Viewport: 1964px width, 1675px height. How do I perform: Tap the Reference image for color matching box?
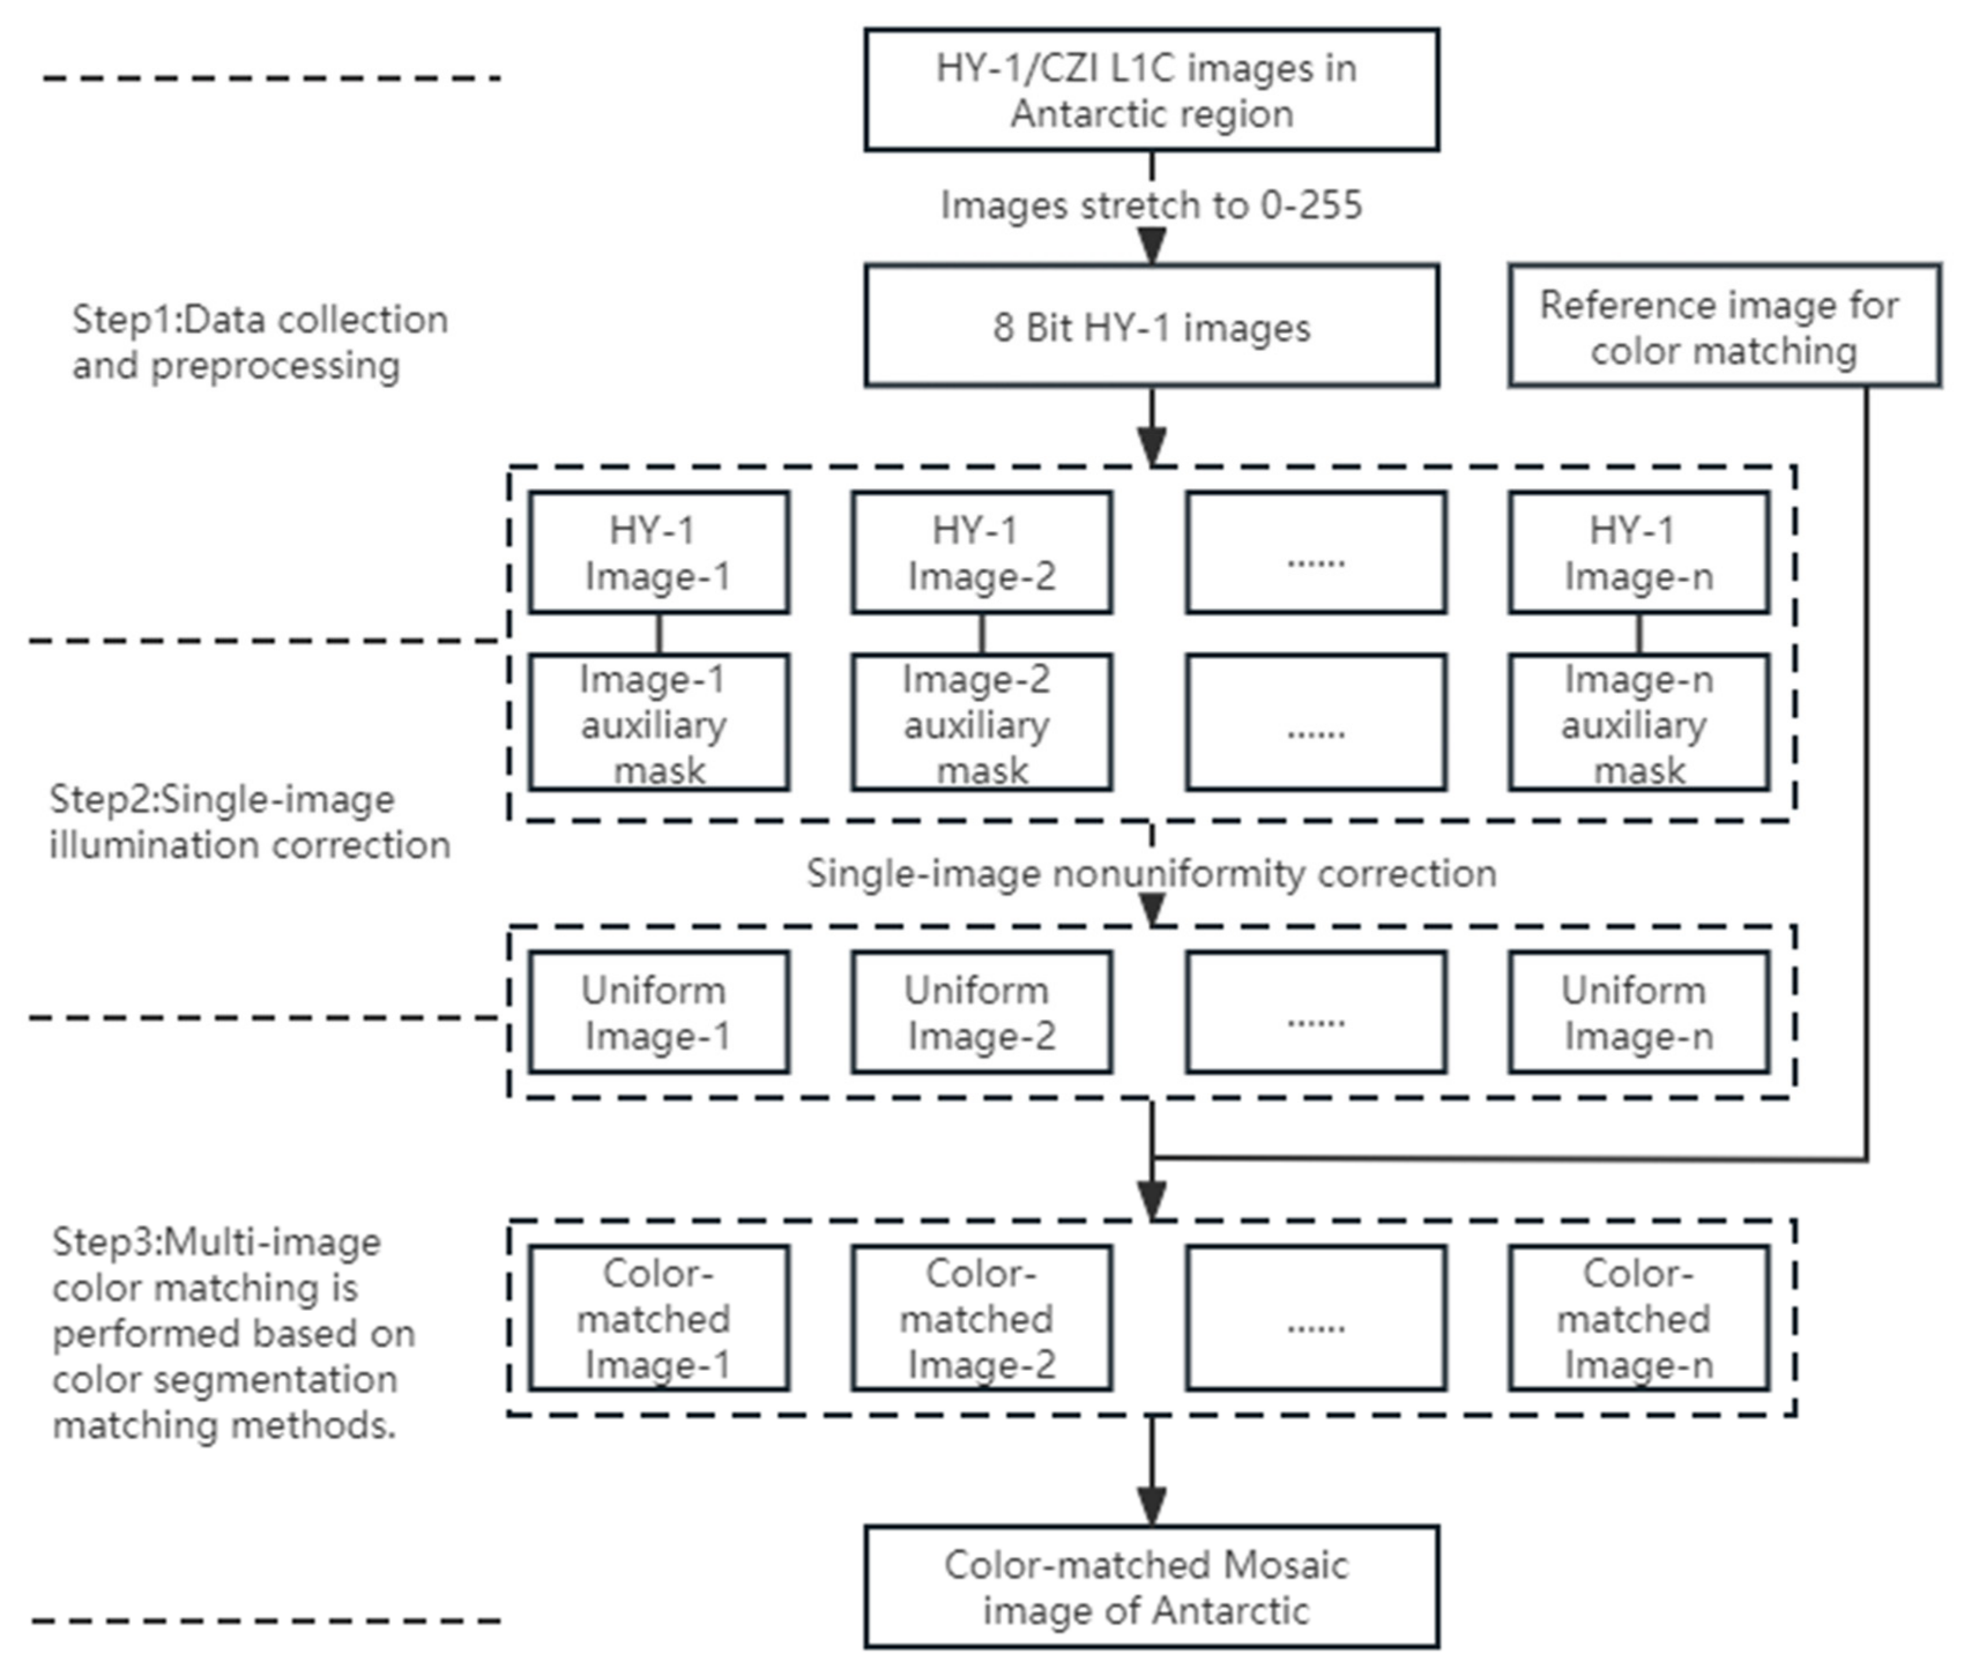pyautogui.click(x=1723, y=326)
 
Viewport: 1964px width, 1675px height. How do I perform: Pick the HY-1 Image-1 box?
pyautogui.click(x=658, y=553)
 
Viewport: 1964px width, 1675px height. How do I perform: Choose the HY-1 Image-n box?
pyautogui.click(x=1638, y=553)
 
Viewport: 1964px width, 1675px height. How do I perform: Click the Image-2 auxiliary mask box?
pyautogui.click(x=981, y=723)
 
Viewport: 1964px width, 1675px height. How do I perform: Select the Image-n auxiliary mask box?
pyautogui.click(x=1638, y=723)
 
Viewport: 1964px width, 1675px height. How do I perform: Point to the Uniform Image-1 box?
pyautogui.click(x=658, y=1013)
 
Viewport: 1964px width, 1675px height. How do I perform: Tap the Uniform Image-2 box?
pyautogui.click(x=981, y=1013)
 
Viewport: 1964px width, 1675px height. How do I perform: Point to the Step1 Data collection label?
pyautogui.click(x=260, y=342)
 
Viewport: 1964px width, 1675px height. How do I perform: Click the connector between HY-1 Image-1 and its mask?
pyautogui.click(x=659, y=633)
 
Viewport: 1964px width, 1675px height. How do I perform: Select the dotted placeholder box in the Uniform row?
pyautogui.click(x=1316, y=1013)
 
